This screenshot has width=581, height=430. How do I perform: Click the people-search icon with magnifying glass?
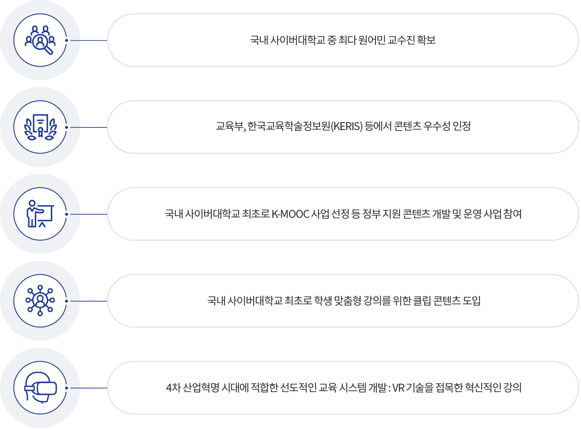point(40,40)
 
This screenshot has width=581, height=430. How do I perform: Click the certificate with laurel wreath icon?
point(40,127)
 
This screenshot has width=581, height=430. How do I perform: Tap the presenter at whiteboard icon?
point(40,214)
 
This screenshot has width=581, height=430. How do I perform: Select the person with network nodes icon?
point(40,301)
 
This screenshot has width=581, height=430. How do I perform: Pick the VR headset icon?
point(40,388)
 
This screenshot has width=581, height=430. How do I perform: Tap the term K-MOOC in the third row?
point(290,214)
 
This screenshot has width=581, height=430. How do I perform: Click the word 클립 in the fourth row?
point(422,301)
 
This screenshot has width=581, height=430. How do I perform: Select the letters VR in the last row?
point(398,388)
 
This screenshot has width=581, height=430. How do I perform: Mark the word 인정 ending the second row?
point(462,126)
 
